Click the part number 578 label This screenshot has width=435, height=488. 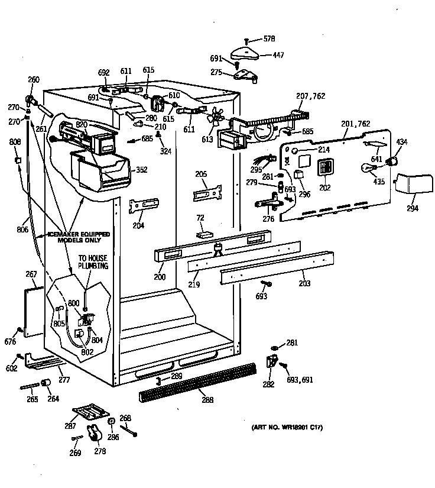point(269,39)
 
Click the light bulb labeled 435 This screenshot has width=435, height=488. point(368,169)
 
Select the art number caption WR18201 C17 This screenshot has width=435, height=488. point(283,427)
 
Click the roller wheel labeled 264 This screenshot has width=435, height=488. point(45,385)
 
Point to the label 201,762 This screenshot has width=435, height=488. point(355,124)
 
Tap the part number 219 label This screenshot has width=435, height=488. point(194,285)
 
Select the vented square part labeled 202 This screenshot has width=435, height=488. point(324,167)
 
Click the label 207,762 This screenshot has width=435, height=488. point(310,96)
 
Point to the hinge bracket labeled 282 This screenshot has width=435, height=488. point(272,361)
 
